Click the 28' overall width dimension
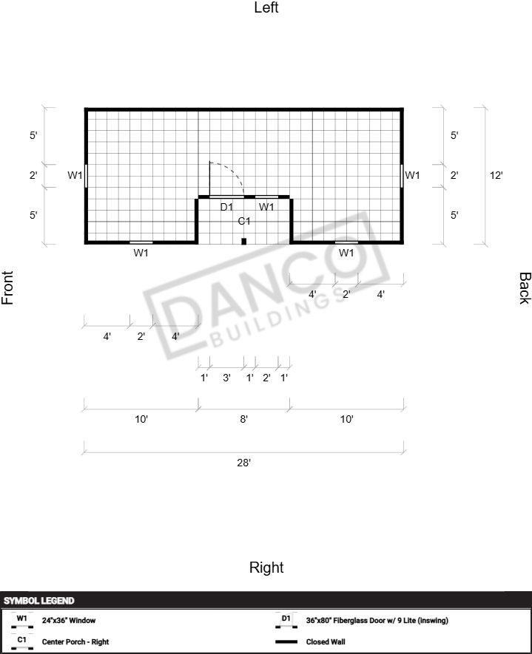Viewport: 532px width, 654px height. coord(244,463)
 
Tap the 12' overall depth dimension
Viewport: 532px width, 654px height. coord(496,175)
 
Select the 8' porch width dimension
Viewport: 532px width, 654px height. coord(244,419)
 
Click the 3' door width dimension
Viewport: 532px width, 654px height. coord(226,378)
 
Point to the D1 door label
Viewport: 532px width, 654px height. coord(226,207)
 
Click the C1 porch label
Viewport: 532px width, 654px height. coord(244,221)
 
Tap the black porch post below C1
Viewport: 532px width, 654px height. coord(244,241)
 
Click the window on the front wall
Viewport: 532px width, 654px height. coord(86,176)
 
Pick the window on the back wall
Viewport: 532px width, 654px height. coord(402,176)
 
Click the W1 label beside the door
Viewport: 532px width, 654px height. coord(266,207)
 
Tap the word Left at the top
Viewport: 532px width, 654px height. coord(266,7)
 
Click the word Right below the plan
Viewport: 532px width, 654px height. coord(266,568)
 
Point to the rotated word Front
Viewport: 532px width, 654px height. coord(7,287)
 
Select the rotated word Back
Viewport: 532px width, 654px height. coord(525,288)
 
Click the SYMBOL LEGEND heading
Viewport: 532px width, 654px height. coord(38,601)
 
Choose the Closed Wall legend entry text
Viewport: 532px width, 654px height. coord(326,641)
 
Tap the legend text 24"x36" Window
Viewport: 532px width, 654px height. coord(69,620)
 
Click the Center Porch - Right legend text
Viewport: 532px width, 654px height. coord(75,641)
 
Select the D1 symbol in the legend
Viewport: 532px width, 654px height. coord(286,621)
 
